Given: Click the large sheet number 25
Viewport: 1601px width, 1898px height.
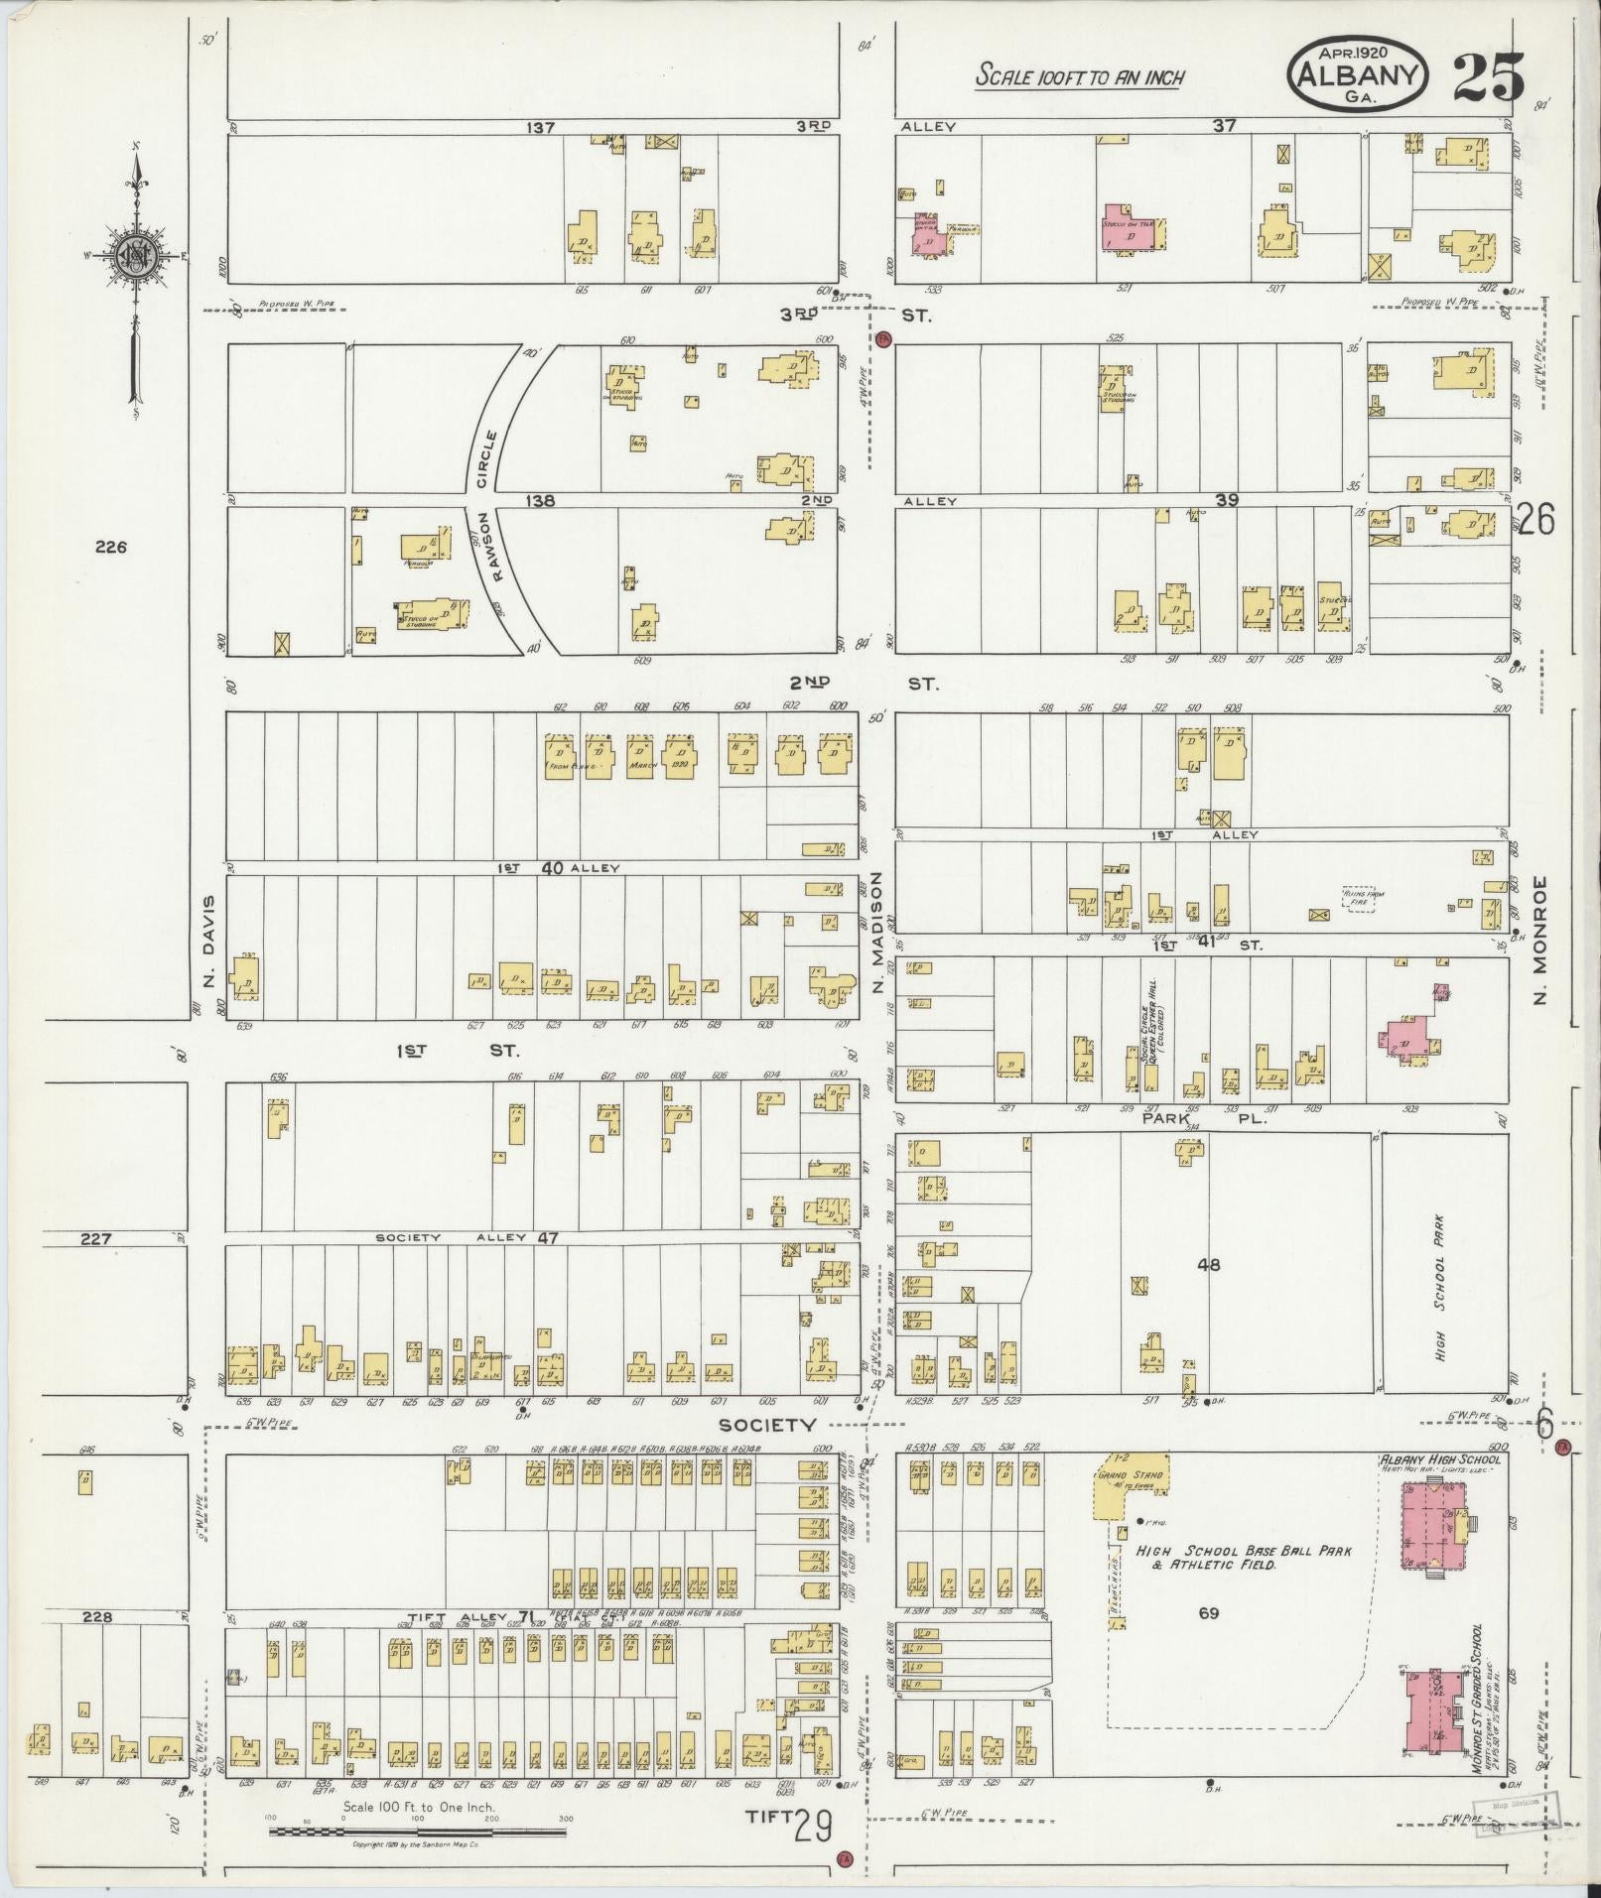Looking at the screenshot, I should tap(1488, 78).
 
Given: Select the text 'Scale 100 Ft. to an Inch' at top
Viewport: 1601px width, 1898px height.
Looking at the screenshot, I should tap(1079, 75).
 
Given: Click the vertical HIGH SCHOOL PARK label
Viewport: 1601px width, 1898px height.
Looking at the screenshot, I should tap(1440, 1289).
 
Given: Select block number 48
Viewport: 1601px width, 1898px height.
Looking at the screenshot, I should tap(1208, 1265).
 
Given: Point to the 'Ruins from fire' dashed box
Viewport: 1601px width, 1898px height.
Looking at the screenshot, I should tap(1360, 898).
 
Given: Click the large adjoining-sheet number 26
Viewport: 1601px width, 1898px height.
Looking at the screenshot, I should tap(1535, 520).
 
